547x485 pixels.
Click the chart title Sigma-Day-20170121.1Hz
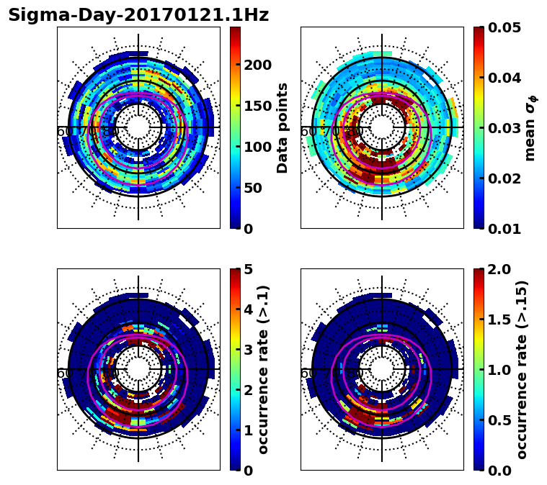coord(138,15)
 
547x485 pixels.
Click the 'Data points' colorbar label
coord(283,127)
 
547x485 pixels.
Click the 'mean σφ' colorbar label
coord(530,127)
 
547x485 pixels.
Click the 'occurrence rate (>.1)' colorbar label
coord(264,370)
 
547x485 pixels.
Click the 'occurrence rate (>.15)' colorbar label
coord(522,370)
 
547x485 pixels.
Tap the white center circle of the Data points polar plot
coord(138,128)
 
